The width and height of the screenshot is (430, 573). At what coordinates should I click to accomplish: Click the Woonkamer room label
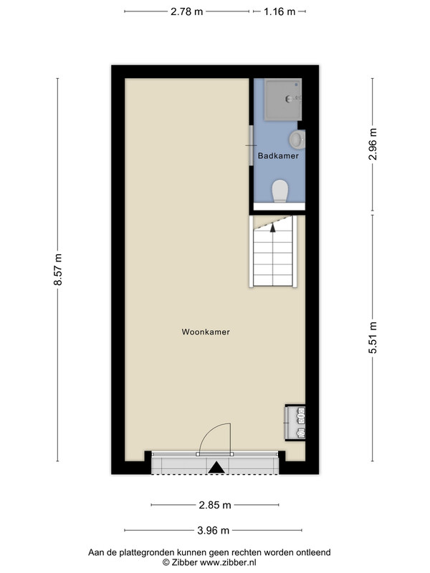[x=206, y=332]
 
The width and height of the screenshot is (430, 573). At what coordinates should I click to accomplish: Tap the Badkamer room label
[x=278, y=155]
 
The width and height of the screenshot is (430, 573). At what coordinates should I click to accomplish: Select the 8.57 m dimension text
[x=58, y=269]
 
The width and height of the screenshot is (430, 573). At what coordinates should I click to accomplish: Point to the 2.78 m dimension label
[x=186, y=11]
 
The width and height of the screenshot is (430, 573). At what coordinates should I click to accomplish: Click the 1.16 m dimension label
[x=279, y=11]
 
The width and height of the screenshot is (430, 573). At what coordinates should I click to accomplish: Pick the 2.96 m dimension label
[x=373, y=145]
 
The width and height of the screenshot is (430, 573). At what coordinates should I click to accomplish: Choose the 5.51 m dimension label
[x=373, y=337]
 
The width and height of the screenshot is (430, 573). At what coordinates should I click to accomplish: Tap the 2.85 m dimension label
[x=215, y=505]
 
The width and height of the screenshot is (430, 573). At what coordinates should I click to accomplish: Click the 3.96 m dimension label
[x=213, y=530]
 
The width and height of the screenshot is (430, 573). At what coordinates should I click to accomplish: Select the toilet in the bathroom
[x=280, y=191]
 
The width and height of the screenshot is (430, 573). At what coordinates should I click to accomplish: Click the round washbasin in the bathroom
[x=297, y=140]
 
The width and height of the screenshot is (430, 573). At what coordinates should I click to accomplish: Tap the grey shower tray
[x=283, y=100]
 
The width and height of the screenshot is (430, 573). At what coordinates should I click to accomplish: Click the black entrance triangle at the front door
[x=216, y=468]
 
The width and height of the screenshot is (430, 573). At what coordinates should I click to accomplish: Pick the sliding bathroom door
[x=251, y=145]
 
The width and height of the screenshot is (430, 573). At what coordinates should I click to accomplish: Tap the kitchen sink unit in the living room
[x=295, y=423]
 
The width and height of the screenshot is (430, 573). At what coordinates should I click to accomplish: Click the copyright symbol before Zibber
[x=166, y=563]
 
